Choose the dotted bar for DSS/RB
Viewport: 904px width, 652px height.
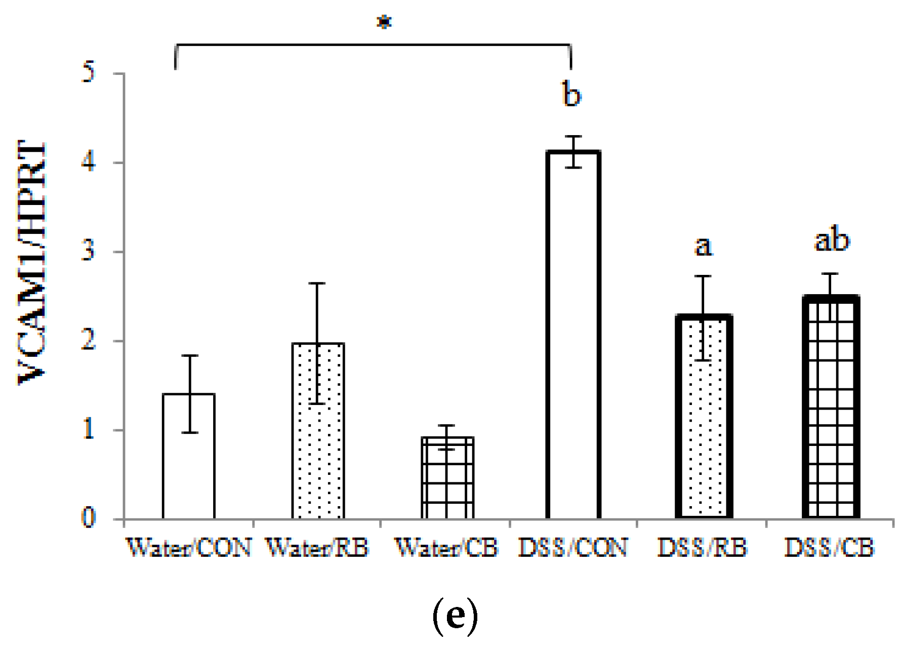(x=704, y=430)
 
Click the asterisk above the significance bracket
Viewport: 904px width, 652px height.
(x=385, y=23)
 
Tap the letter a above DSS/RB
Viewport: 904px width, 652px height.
(x=704, y=247)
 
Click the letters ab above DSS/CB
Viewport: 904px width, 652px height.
(x=832, y=240)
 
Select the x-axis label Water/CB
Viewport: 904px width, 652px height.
(x=446, y=548)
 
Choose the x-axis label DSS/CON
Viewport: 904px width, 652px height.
(x=572, y=548)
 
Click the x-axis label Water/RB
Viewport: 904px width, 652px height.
(x=317, y=548)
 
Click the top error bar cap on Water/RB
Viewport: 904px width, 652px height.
(x=317, y=283)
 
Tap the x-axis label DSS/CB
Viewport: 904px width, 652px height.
(x=830, y=548)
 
